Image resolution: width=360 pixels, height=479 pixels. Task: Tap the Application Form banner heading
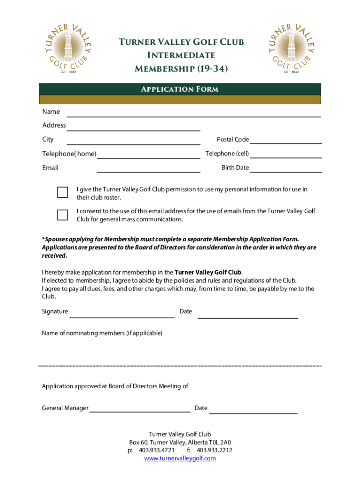pos(180,89)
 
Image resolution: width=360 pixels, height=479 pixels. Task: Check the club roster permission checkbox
pos(62,192)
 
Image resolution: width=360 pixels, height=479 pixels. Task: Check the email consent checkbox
pos(62,215)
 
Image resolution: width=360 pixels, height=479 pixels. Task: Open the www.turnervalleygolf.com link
pos(180,458)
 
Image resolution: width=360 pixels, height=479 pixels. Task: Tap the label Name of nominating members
pos(102,333)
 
